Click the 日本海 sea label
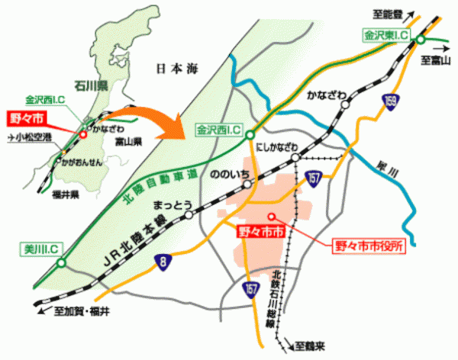click(x=177, y=69)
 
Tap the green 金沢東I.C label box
click(x=386, y=35)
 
